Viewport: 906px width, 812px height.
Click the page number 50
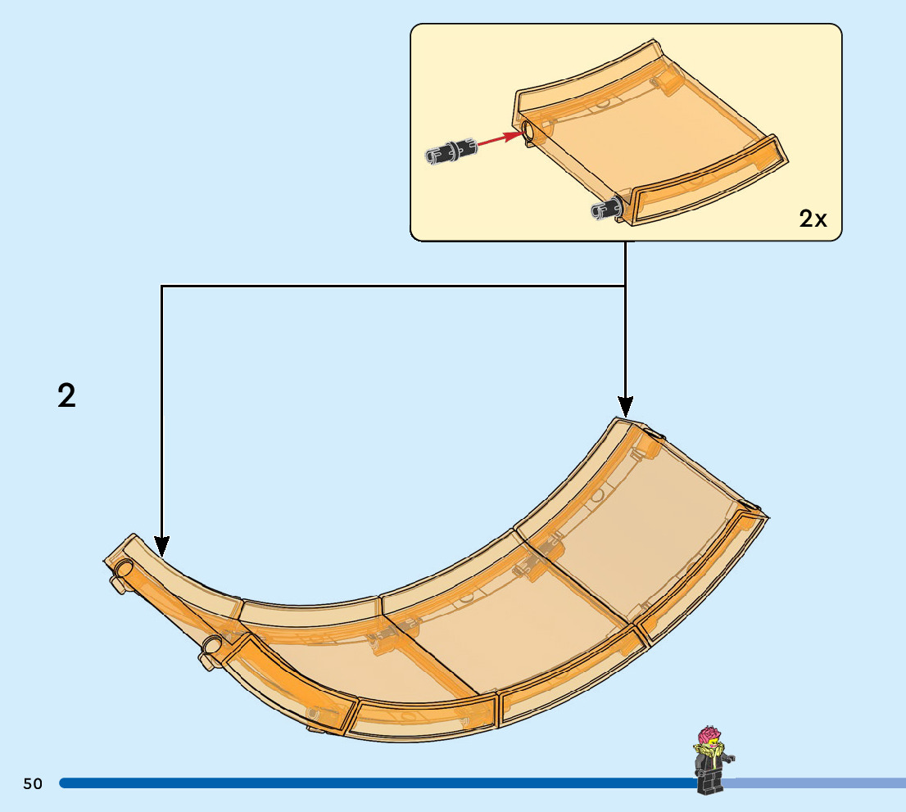[33, 784]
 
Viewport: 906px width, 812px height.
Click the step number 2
[66, 396]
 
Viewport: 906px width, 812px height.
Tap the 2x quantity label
[813, 219]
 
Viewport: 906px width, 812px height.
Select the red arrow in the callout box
[500, 141]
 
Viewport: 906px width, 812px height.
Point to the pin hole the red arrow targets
[528, 131]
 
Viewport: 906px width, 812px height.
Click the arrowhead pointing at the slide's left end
[162, 545]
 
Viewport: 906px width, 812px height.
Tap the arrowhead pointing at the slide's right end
[625, 405]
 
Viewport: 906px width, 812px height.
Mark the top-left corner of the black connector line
[162, 286]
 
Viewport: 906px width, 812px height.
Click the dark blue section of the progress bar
[369, 783]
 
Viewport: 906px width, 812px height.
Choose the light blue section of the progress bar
[819, 783]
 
